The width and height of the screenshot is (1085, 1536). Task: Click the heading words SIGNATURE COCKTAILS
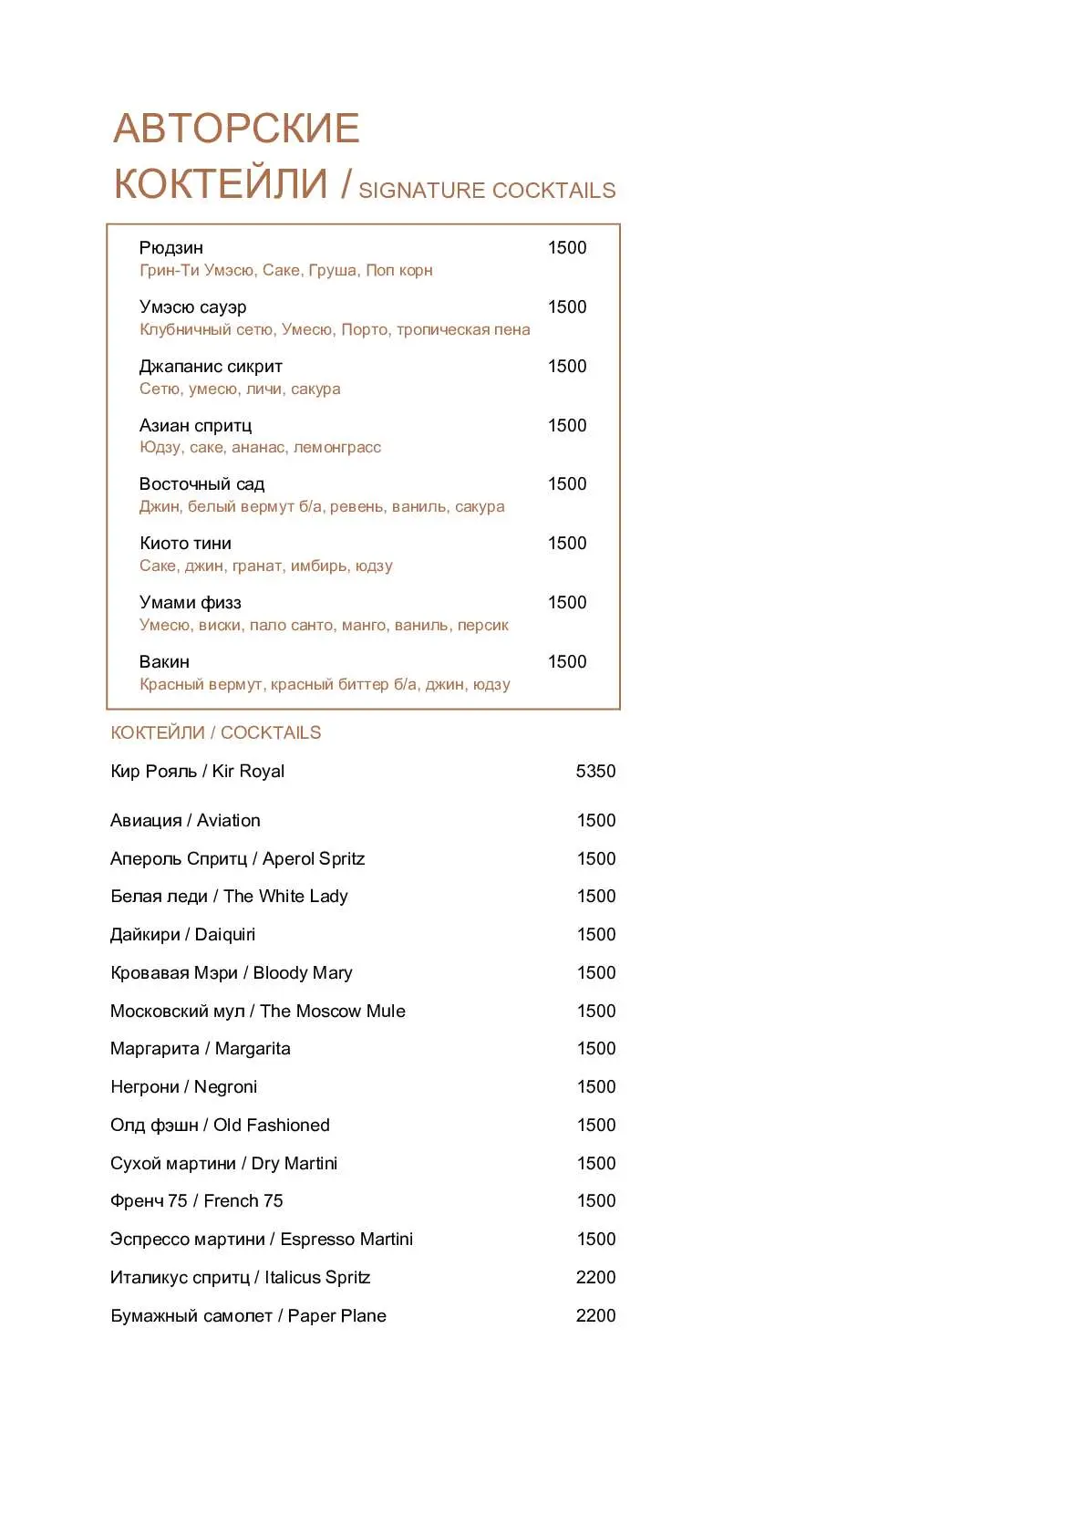tap(487, 191)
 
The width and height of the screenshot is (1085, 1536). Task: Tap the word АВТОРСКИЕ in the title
tap(236, 129)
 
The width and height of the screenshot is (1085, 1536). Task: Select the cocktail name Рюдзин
tap(171, 248)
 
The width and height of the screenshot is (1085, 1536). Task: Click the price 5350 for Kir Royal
tap(595, 772)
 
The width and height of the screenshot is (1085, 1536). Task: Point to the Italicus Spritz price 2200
tap(595, 1278)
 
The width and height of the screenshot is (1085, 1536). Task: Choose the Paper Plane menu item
tap(248, 1316)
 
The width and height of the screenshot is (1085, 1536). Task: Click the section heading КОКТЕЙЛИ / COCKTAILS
tap(215, 733)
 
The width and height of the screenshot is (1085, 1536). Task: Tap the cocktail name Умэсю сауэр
tap(192, 307)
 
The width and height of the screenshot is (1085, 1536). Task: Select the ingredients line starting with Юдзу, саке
tap(260, 448)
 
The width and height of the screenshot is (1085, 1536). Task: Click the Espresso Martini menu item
tap(261, 1240)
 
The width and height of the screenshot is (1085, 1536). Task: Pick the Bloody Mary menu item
tap(231, 973)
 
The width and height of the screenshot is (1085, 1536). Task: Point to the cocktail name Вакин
tap(164, 662)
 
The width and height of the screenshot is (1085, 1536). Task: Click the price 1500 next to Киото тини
tap(566, 544)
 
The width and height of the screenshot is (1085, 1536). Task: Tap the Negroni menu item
tap(183, 1087)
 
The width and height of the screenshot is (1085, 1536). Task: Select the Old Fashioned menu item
tap(220, 1126)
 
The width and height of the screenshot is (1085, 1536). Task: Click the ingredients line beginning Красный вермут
tap(325, 685)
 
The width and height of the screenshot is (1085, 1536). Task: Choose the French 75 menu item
tap(196, 1201)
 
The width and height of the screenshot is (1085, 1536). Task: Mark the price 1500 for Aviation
tap(595, 821)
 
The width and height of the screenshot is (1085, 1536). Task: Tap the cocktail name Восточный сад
tap(201, 484)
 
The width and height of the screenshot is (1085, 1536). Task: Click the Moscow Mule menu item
tap(257, 1012)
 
